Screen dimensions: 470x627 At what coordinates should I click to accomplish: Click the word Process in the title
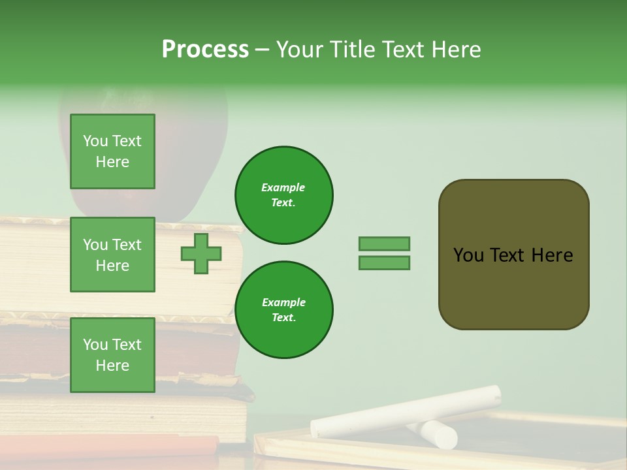[205, 50]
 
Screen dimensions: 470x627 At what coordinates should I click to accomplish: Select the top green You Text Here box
[112, 151]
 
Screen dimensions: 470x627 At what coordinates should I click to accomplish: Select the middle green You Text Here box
[112, 255]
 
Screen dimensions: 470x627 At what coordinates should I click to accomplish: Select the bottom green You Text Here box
[112, 354]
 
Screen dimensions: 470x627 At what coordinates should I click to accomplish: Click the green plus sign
[201, 253]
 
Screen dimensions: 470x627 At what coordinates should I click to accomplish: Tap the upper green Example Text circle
[283, 195]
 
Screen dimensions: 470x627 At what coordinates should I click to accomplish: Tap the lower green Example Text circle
[283, 310]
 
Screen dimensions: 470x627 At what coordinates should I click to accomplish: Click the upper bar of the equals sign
[384, 243]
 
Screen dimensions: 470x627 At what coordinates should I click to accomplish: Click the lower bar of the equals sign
[384, 263]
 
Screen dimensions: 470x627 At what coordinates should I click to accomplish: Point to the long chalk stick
[405, 411]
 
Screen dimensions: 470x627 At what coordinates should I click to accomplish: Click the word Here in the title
[455, 50]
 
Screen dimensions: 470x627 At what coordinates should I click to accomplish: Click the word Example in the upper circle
[283, 187]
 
